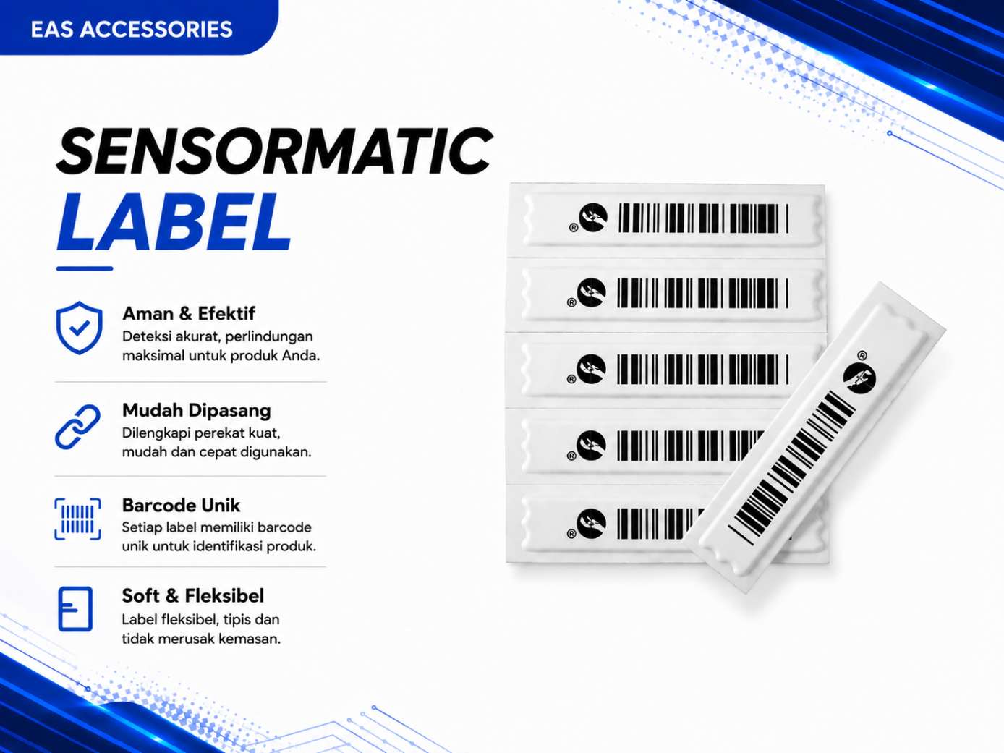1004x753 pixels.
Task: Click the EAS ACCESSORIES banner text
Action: [x=132, y=29]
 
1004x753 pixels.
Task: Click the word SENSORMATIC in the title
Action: [x=274, y=151]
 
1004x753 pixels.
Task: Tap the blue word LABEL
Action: [x=174, y=222]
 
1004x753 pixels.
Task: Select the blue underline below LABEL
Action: [x=85, y=269]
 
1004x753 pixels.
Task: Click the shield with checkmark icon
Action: [x=79, y=328]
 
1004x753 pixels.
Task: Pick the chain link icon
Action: [x=77, y=427]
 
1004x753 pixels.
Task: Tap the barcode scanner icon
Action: [x=77, y=519]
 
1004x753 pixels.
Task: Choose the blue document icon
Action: [x=75, y=609]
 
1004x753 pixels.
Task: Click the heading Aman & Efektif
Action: [x=189, y=314]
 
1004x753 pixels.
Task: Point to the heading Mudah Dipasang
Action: [x=196, y=411]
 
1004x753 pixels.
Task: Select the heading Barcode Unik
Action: [x=181, y=505]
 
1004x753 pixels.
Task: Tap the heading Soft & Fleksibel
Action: [x=192, y=596]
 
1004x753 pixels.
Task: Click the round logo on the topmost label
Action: [x=593, y=217]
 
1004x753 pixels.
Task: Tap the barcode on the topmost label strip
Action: [x=704, y=218]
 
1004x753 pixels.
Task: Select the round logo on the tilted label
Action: [x=859, y=378]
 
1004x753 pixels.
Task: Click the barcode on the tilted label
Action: [x=792, y=467]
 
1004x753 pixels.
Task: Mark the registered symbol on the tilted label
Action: [x=862, y=355]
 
